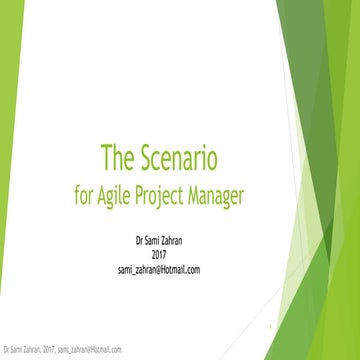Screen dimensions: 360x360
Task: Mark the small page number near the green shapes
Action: pyautogui.click(x=271, y=326)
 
